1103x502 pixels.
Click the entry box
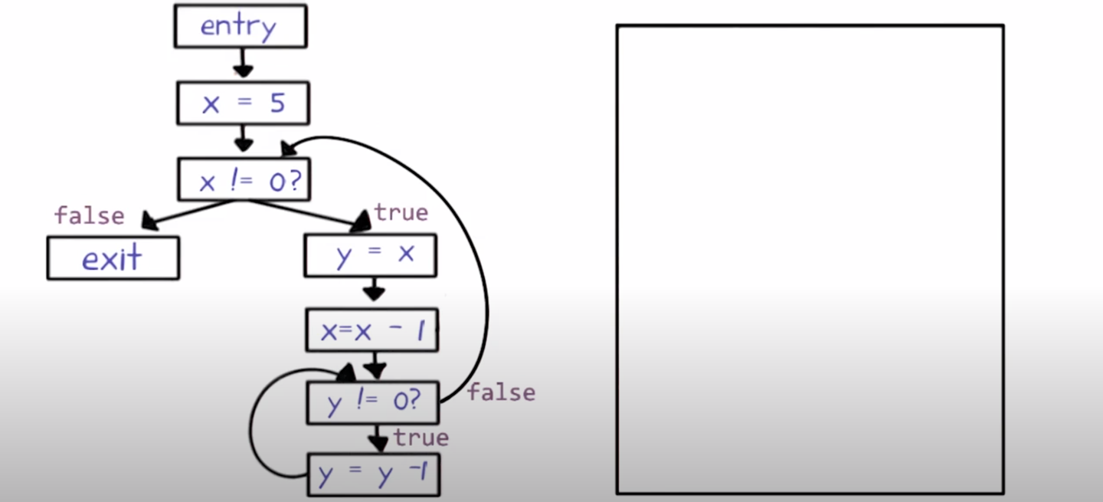tap(241, 27)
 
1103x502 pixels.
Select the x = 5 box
tap(244, 103)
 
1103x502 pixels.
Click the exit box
tap(113, 258)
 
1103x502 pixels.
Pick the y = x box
tap(371, 255)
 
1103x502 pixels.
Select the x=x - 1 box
tap(372, 330)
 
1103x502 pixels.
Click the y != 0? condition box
tap(373, 402)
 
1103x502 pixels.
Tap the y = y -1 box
tap(375, 474)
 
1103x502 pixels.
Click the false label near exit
tap(89, 215)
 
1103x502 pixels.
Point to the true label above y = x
tap(401, 212)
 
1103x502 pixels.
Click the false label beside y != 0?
tap(501, 392)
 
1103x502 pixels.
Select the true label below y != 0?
tap(421, 437)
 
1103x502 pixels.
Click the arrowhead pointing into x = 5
tap(243, 71)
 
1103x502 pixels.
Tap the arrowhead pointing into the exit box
tap(150, 222)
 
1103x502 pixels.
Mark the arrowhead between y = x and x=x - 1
tap(374, 293)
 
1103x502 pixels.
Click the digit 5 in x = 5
tap(277, 103)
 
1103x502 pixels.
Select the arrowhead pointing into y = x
tap(360, 223)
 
